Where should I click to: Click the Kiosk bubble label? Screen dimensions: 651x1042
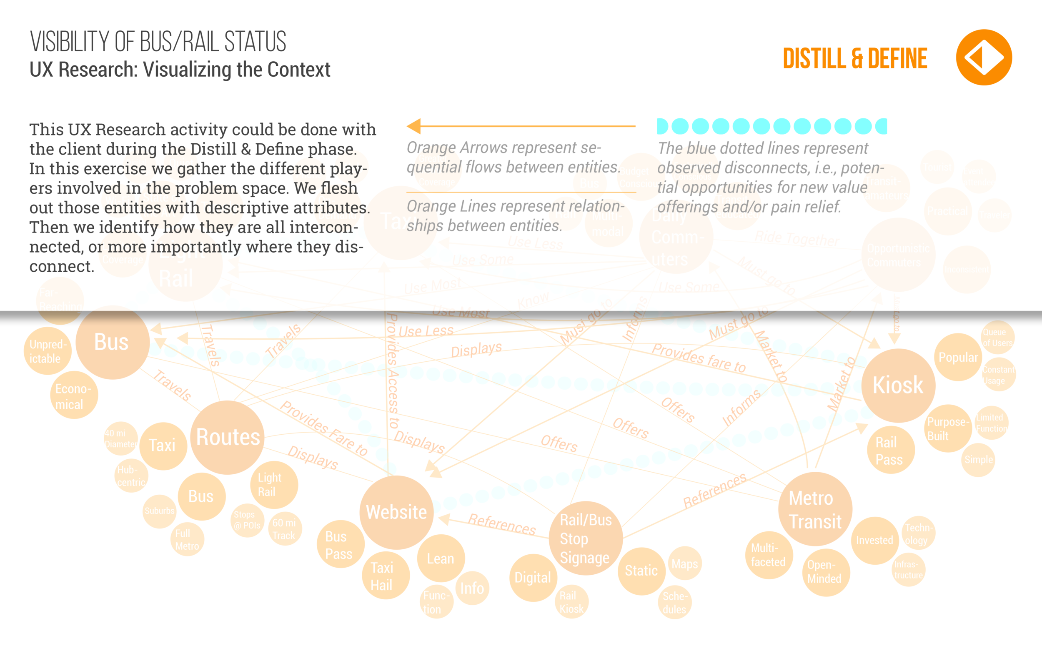tap(898, 385)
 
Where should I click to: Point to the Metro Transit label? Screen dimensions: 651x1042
tap(814, 510)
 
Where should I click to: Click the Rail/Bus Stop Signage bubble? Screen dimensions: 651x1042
tap(585, 538)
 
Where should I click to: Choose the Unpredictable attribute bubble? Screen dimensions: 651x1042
tap(48, 351)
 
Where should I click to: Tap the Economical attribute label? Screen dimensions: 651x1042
tap(73, 396)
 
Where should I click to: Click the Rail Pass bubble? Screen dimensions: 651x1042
tap(889, 451)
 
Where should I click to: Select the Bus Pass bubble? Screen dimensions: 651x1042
tap(338, 545)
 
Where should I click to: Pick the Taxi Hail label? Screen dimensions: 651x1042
tap(381, 576)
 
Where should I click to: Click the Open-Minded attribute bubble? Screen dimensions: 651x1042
tap(824, 572)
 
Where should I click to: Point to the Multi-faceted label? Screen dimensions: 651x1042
tap(768, 555)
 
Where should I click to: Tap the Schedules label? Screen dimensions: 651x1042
tap(675, 603)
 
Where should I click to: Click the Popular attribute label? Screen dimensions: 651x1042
tap(958, 357)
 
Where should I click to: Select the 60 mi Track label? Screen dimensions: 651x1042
tap(284, 529)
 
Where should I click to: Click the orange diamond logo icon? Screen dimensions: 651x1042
tap(984, 58)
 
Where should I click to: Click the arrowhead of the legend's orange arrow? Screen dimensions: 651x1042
tap(414, 126)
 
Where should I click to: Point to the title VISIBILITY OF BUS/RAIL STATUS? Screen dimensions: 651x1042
tap(158, 42)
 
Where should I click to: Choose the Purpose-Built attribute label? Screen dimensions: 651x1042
tap(948, 429)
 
